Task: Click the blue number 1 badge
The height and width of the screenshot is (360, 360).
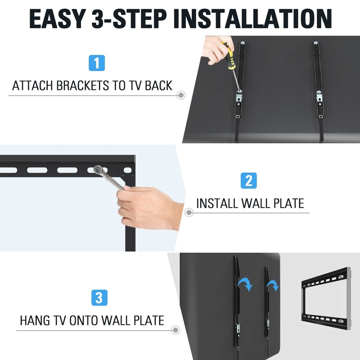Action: point(97,62)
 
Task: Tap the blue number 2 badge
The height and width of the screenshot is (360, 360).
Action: point(248,180)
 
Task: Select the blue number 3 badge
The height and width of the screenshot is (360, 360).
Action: point(99,298)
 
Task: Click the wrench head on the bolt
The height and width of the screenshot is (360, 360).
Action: point(98,170)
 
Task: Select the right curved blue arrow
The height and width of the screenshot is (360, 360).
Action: point(272,285)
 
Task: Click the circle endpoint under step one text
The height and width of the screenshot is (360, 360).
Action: point(181,95)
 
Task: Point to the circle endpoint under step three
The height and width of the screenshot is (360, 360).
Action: point(175,330)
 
